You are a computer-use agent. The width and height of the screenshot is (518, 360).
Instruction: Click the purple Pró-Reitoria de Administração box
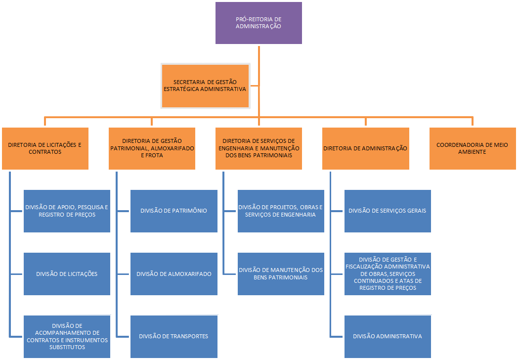click(x=259, y=23)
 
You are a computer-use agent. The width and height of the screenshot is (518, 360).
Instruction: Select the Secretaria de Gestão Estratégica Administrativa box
click(x=205, y=86)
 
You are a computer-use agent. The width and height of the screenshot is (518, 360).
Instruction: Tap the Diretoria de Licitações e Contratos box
click(x=45, y=149)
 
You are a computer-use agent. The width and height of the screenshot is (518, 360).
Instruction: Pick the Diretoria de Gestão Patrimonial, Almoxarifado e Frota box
click(x=152, y=149)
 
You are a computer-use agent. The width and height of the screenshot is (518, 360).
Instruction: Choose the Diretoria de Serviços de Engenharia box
click(x=259, y=149)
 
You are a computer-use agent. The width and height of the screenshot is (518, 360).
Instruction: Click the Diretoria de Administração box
click(x=365, y=149)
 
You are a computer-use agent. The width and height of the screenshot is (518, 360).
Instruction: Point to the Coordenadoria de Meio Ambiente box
click(x=472, y=149)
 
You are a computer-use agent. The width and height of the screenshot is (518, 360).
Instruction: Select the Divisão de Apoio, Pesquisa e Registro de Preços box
click(x=67, y=211)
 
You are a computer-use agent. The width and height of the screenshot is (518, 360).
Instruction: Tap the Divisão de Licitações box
click(x=67, y=274)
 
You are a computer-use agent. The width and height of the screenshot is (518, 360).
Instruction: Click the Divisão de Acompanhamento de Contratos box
click(x=67, y=336)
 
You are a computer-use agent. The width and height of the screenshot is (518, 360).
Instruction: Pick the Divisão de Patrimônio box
click(x=173, y=211)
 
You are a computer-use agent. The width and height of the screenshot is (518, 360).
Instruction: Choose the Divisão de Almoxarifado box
click(x=173, y=274)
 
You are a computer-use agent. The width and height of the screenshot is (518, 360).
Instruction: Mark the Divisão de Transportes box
click(x=173, y=336)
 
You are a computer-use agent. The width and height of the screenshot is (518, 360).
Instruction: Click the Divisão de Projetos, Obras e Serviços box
click(x=280, y=211)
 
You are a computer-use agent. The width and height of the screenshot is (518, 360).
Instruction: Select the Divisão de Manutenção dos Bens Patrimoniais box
click(x=280, y=274)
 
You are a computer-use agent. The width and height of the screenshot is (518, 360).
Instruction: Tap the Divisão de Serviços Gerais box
click(x=387, y=211)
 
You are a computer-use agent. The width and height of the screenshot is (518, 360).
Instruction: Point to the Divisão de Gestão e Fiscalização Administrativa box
click(x=387, y=274)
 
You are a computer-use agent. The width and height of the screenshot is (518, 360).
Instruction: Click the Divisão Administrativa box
click(x=387, y=336)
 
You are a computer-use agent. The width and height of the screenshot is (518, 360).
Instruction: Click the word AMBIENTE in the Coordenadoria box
click(x=472, y=152)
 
